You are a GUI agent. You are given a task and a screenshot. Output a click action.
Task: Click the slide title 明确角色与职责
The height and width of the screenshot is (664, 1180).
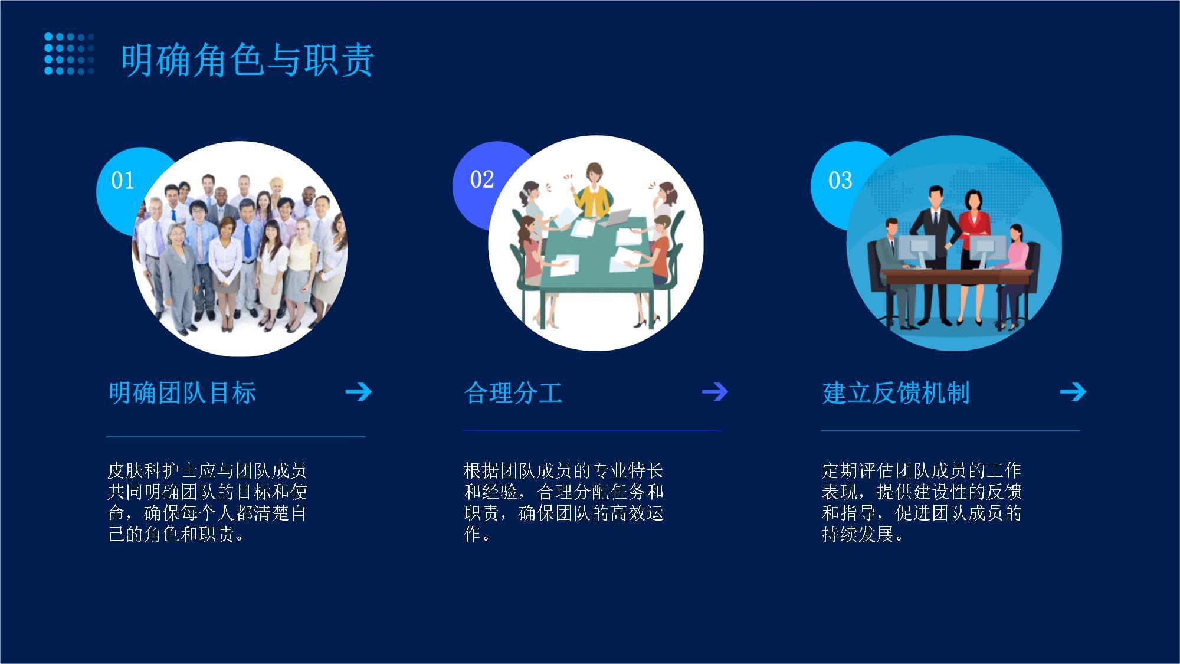(247, 60)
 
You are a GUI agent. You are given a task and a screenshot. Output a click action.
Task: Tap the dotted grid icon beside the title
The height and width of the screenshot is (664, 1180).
(70, 54)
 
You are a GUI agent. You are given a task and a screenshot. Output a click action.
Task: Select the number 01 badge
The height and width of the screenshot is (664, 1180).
(123, 180)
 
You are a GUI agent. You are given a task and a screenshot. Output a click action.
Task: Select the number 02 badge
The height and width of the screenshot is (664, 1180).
(481, 179)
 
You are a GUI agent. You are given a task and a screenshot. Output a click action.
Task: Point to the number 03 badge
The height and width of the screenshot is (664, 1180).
(840, 180)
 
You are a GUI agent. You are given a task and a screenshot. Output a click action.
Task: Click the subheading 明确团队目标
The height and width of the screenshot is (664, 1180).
(182, 392)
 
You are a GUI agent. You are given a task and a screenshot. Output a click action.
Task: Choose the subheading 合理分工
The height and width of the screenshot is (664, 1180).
(513, 392)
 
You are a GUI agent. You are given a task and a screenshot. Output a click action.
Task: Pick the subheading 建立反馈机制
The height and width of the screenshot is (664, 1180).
(896, 392)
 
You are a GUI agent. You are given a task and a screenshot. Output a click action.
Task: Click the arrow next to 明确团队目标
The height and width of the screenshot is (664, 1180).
(359, 391)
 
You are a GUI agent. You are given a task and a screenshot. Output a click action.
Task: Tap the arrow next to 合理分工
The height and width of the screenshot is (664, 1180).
(715, 391)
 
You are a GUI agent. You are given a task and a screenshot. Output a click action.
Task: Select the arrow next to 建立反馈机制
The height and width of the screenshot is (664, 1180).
(1073, 391)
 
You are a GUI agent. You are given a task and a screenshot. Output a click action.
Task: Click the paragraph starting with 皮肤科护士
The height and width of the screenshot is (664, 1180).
(207, 502)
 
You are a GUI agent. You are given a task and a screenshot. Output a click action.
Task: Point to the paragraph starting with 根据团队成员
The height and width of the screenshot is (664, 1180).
(564, 502)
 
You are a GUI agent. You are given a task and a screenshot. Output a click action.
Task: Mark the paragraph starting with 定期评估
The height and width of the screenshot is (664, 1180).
(922, 502)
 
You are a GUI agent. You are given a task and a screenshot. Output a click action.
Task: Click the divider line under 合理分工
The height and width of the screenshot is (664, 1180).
(592, 431)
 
